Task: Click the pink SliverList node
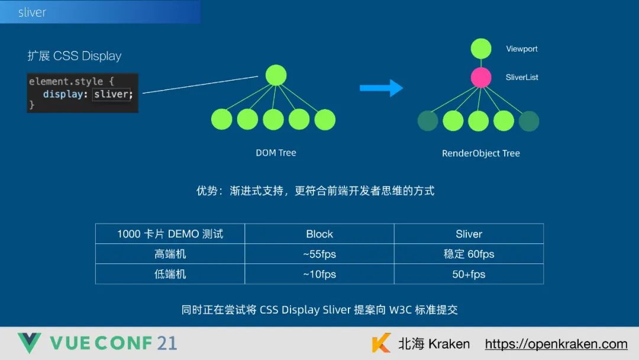[x=481, y=78]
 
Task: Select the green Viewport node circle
[x=481, y=49]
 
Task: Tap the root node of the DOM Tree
[x=276, y=75]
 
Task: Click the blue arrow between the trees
[x=381, y=88]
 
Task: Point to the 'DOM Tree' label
[x=276, y=153]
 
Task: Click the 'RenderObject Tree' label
[x=480, y=153]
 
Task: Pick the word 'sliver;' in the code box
[x=113, y=94]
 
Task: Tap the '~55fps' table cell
[x=319, y=254]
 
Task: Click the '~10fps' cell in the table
[x=319, y=274]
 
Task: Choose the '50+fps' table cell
[x=469, y=274]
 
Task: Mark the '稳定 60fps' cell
[x=469, y=254]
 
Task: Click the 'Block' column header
[x=319, y=234]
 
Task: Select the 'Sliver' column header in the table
[x=469, y=234]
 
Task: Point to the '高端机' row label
[x=170, y=254]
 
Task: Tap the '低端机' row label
[x=170, y=274]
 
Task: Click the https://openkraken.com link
[x=556, y=344]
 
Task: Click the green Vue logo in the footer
[x=29, y=343]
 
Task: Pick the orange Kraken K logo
[x=382, y=343]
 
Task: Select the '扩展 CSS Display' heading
[x=75, y=56]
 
